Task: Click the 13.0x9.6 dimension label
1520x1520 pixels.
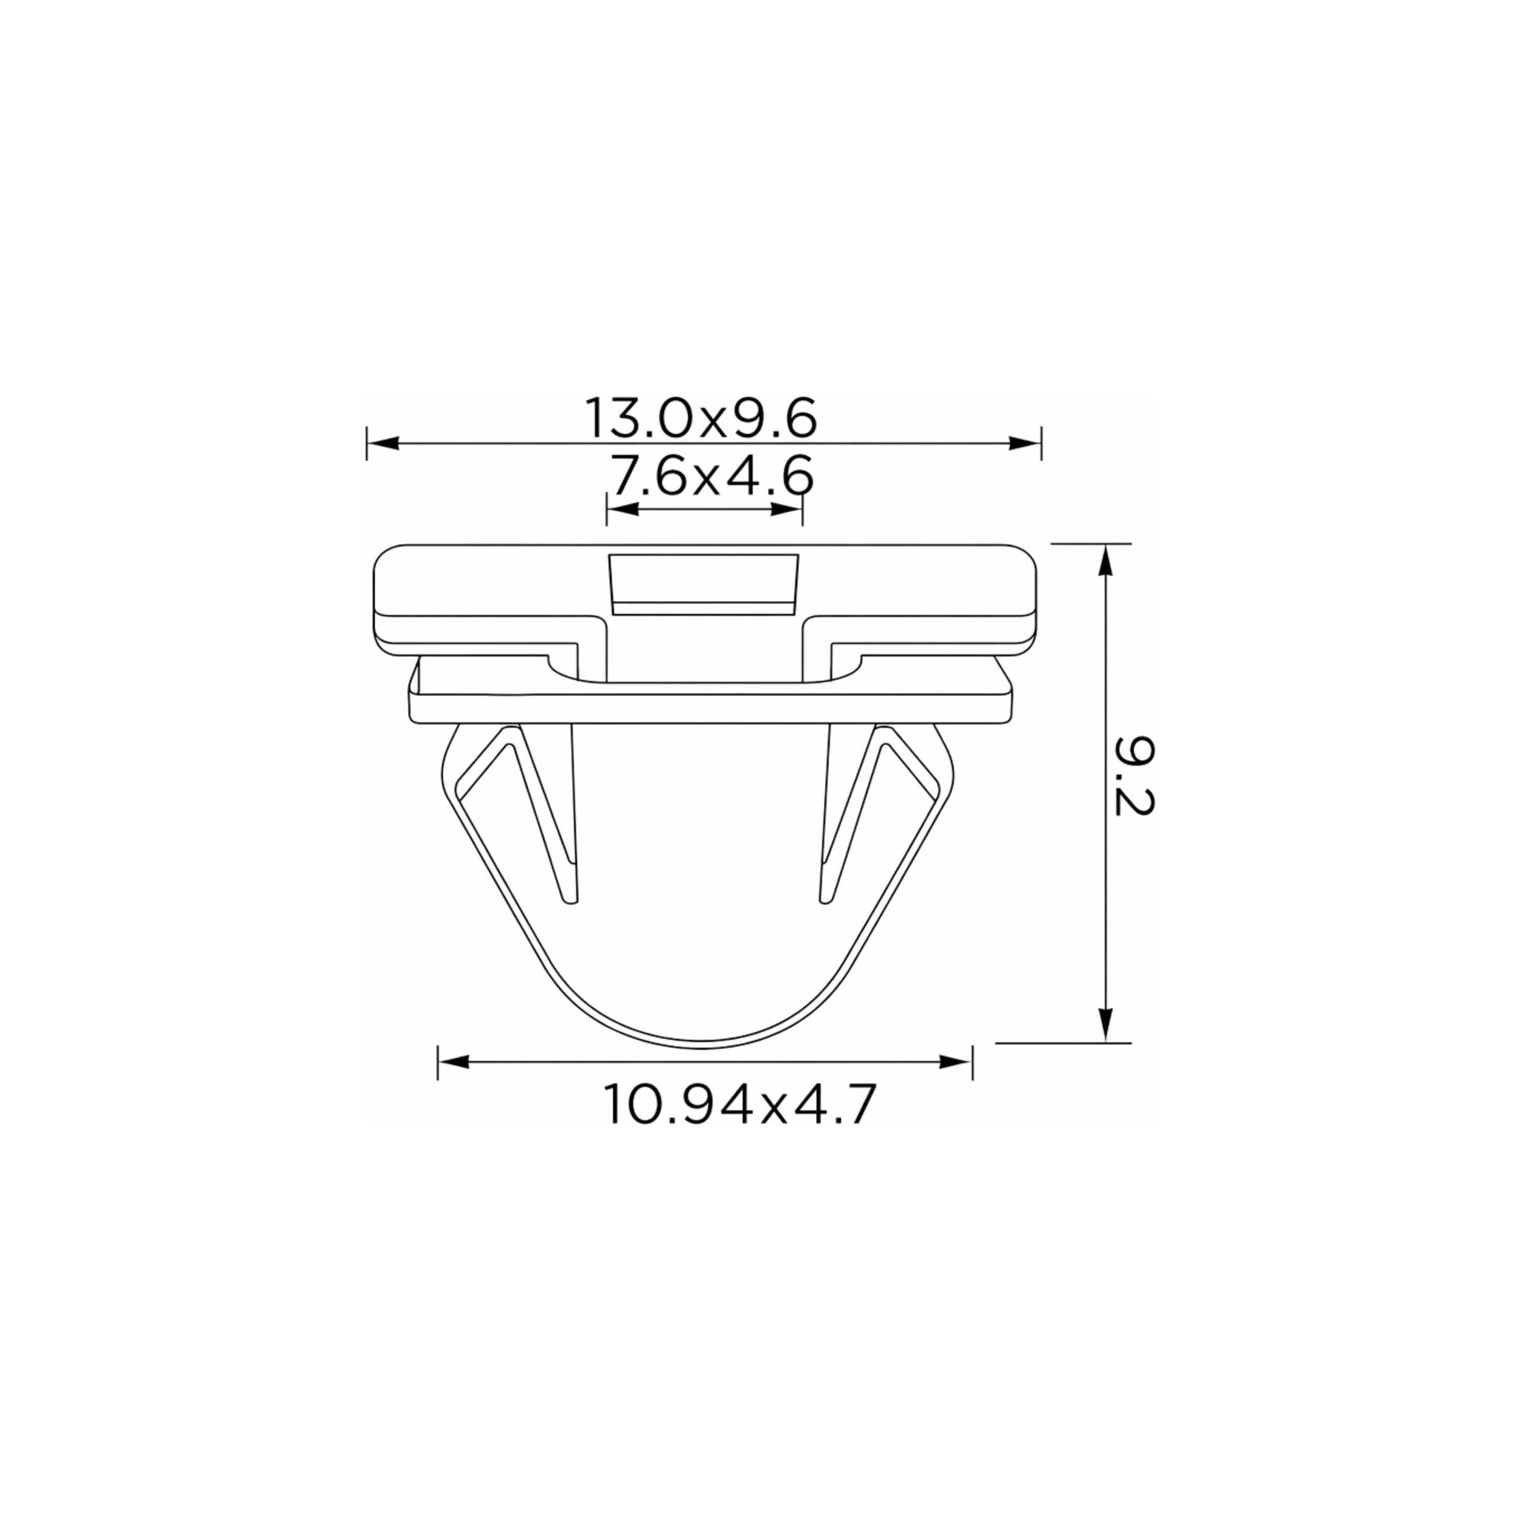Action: pyautogui.click(x=700, y=420)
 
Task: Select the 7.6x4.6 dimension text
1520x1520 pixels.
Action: pyautogui.click(x=712, y=477)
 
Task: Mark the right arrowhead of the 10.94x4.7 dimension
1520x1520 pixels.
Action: pyautogui.click(x=955, y=1062)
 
